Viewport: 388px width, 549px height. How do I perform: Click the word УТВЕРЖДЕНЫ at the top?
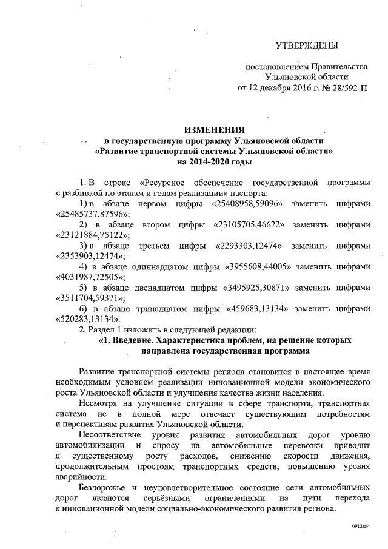307,46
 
